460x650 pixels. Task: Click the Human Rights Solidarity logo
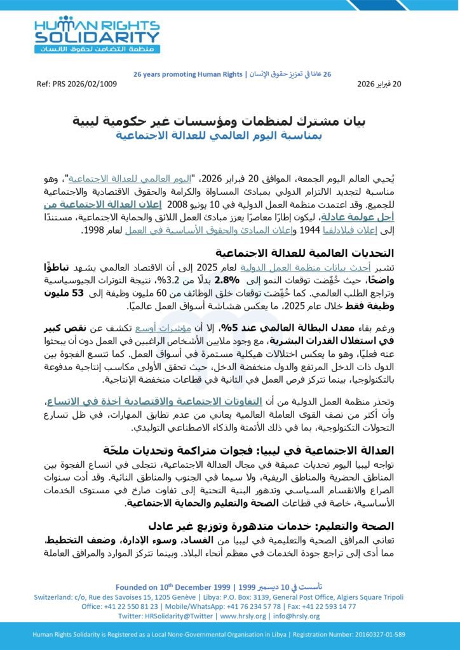[x=97, y=35]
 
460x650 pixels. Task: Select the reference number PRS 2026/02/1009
[x=78, y=84]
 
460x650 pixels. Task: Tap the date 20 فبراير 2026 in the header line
[x=379, y=84]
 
